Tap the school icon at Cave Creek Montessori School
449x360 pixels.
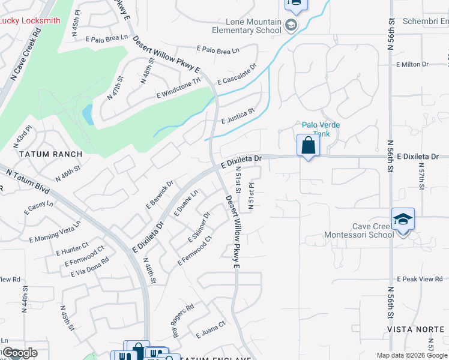(x=403, y=220)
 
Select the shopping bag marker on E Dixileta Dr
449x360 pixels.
(x=308, y=146)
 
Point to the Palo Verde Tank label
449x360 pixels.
(x=321, y=128)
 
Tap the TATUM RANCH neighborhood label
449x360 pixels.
(x=50, y=154)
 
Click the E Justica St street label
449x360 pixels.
(x=238, y=114)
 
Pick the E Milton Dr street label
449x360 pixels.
(x=412, y=64)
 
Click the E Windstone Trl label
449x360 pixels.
(x=178, y=88)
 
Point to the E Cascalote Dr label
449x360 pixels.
(x=237, y=74)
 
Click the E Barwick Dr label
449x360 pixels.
(x=159, y=194)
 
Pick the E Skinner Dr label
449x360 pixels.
(x=199, y=227)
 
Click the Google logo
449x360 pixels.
(x=20, y=353)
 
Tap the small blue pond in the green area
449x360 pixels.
(x=88, y=114)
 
